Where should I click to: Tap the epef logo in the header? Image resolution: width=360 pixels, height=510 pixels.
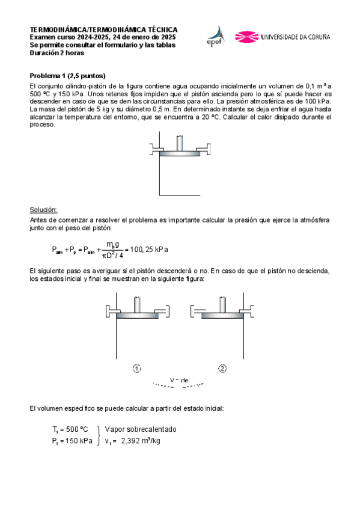(215, 37)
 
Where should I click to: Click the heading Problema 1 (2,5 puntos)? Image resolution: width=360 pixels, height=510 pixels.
(67, 76)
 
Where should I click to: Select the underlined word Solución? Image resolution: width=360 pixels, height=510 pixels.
(43, 209)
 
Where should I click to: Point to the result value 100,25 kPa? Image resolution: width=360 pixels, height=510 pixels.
(149, 248)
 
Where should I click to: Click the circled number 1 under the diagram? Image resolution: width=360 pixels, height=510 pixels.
(137, 368)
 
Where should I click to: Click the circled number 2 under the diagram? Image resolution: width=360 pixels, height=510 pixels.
(222, 368)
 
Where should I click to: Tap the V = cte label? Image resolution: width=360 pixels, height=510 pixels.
(179, 380)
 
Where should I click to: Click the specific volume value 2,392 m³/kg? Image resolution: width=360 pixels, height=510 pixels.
(141, 441)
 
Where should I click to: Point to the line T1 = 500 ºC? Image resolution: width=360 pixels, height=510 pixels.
(70, 429)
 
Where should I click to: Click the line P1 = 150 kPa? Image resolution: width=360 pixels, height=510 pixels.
(72, 441)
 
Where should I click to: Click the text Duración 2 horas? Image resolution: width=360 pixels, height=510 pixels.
(57, 52)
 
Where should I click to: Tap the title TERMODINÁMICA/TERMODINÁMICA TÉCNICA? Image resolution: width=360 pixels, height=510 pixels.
(103, 29)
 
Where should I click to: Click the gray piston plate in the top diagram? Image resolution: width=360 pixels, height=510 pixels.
(179, 152)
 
